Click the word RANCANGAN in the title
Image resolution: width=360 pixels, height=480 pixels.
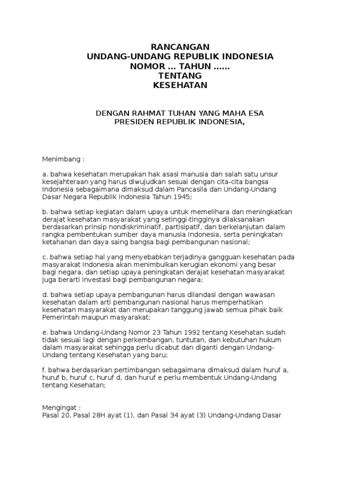coord(180,47)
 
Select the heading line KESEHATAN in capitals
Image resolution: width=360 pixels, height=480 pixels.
coord(180,85)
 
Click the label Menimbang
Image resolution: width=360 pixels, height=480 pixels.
coord(62,159)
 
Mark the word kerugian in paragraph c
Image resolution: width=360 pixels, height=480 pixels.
coord(174,265)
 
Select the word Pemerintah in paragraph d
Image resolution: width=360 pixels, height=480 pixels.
coord(60,317)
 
